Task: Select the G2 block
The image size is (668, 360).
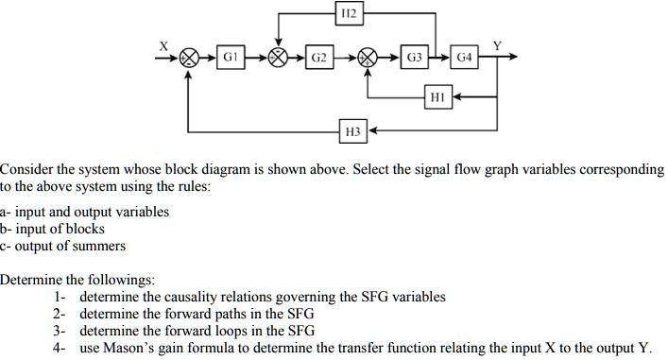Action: (x=320, y=57)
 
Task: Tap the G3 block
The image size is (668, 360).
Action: (x=414, y=57)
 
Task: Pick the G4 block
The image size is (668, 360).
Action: (x=464, y=57)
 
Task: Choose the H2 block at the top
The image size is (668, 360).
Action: (x=347, y=13)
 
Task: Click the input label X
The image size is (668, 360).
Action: (x=163, y=44)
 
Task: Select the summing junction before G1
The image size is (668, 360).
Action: (x=189, y=57)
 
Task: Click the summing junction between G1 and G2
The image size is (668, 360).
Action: (x=279, y=57)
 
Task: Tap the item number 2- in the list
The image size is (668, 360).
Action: (x=60, y=314)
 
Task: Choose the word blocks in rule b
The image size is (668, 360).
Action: (x=84, y=229)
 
